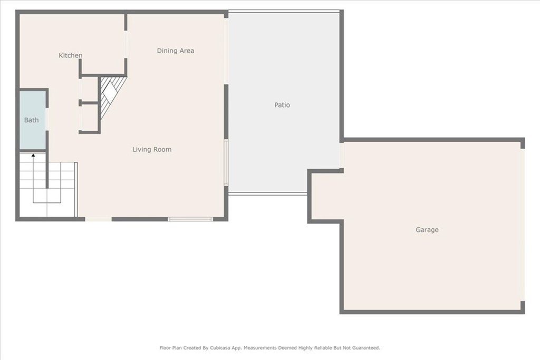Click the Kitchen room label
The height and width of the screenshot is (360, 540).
pyautogui.click(x=70, y=55)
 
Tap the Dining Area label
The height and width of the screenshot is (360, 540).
pyautogui.click(x=175, y=51)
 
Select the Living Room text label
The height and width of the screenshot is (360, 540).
pyautogui.click(x=151, y=149)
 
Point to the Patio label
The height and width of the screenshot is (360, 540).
pyautogui.click(x=282, y=105)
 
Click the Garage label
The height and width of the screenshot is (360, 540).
pyautogui.click(x=427, y=230)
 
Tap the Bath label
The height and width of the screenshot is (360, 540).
pyautogui.click(x=31, y=120)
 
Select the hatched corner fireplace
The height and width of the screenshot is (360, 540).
pyautogui.click(x=111, y=95)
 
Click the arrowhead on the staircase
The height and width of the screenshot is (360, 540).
pyautogui.click(x=33, y=155)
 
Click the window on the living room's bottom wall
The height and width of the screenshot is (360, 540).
pyautogui.click(x=190, y=219)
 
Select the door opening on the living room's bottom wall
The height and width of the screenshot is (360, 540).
pyautogui.click(x=98, y=219)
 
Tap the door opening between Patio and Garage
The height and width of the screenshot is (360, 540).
pyautogui.click(x=342, y=155)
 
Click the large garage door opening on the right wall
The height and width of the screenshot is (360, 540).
pyautogui.click(x=523, y=225)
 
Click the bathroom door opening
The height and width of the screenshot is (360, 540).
pyautogui.click(x=47, y=119)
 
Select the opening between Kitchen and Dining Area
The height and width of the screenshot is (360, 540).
pyautogui.click(x=126, y=44)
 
